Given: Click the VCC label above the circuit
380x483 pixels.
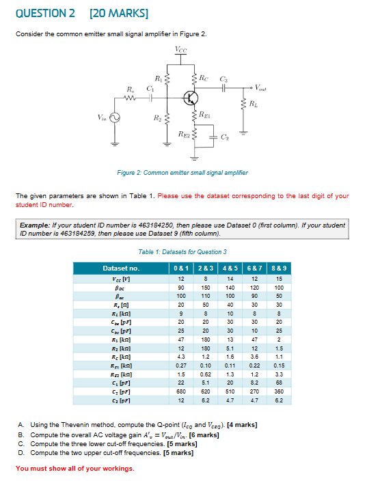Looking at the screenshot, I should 180,49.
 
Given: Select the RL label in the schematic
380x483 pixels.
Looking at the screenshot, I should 255,105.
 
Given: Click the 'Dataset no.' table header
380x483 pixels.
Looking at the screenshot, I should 120,269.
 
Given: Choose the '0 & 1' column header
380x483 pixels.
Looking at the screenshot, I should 181,269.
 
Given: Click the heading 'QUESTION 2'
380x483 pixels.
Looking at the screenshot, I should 44,13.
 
